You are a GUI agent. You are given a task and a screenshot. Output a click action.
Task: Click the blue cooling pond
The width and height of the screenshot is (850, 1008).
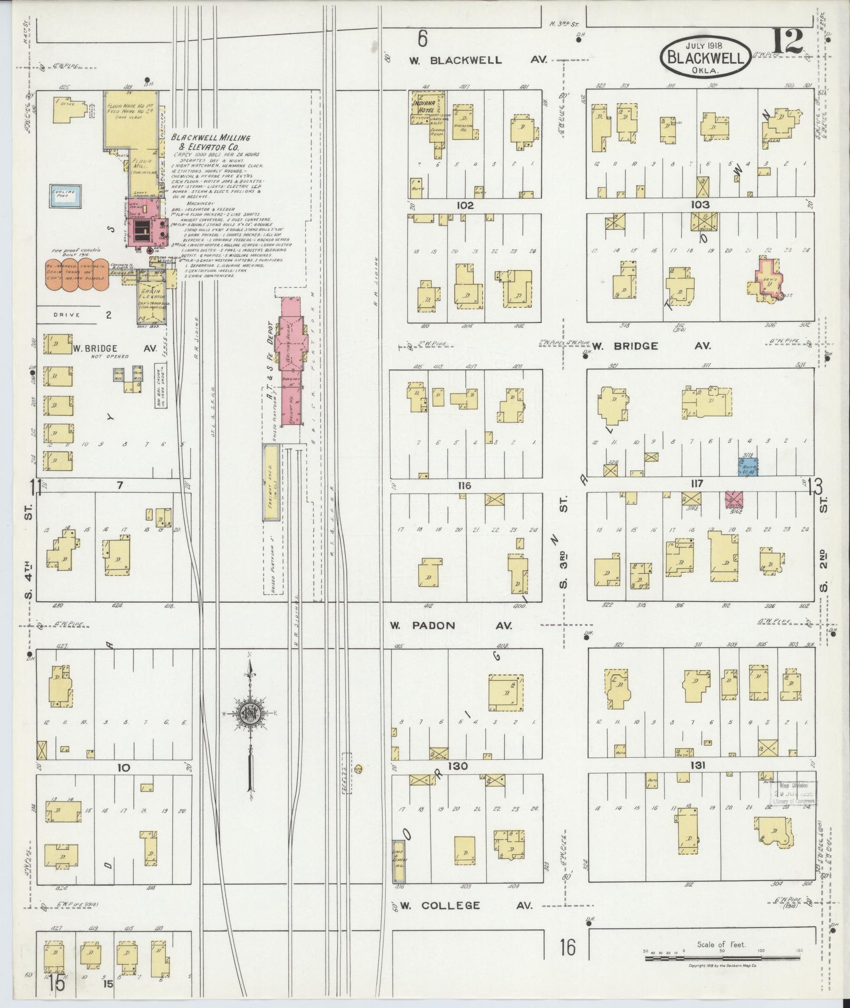64,195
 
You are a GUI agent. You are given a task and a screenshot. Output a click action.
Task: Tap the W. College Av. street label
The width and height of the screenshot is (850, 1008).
466,905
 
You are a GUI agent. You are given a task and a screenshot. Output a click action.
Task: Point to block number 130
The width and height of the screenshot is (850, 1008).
456,766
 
